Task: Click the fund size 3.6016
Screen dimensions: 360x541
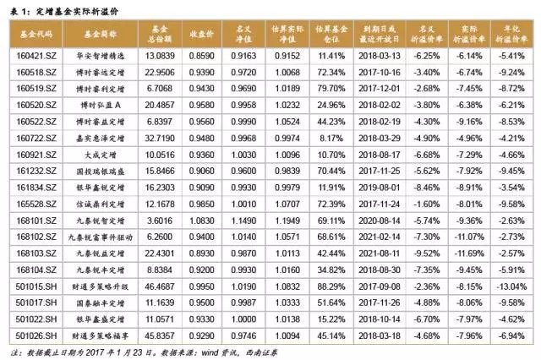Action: [161, 220]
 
